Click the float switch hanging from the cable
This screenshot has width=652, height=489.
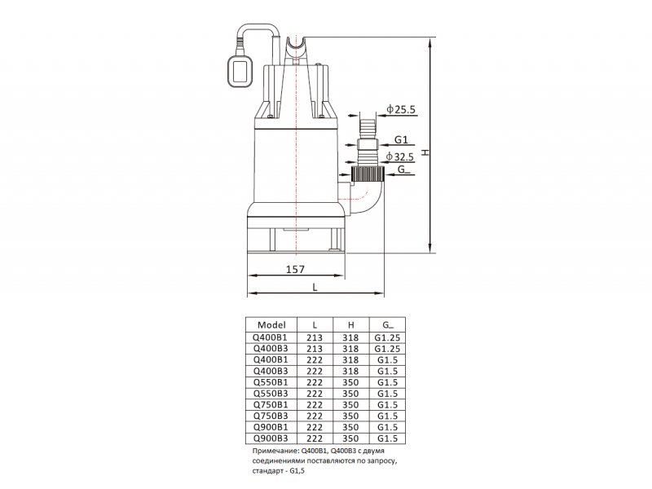[239, 72]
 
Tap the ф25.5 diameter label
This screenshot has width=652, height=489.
[401, 109]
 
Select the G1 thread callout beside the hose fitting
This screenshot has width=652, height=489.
[401, 139]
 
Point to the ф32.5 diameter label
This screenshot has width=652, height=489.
[400, 156]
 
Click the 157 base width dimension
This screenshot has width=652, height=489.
[295, 270]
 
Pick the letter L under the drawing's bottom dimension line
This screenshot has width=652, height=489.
[315, 288]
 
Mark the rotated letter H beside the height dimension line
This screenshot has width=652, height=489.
[425, 152]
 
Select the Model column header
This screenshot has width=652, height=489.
[271, 324]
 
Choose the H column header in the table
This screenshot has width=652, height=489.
[351, 325]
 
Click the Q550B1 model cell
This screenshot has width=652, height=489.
[271, 382]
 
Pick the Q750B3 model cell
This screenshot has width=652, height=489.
[271, 416]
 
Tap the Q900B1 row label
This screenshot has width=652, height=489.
[271, 427]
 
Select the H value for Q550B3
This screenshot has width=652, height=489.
[351, 394]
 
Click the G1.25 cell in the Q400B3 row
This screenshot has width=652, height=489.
[387, 349]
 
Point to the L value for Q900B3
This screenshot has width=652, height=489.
[315, 438]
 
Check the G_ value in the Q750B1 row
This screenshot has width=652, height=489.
[387, 404]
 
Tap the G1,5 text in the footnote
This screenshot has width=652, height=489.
[297, 471]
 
